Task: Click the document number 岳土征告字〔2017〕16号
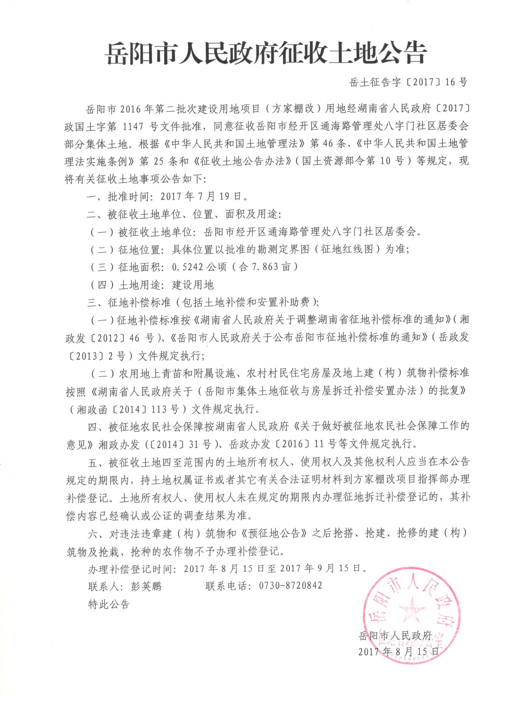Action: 408,82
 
